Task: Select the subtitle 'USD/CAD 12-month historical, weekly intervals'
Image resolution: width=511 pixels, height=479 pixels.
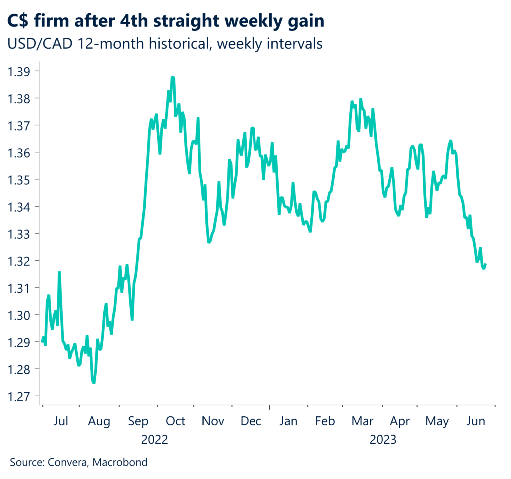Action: pyautogui.click(x=165, y=44)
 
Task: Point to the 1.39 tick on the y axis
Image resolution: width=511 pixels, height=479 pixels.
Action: pyautogui.click(x=19, y=71)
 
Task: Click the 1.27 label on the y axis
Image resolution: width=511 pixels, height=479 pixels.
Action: pyautogui.click(x=19, y=397)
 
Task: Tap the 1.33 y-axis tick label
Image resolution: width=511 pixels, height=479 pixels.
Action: pyautogui.click(x=19, y=234)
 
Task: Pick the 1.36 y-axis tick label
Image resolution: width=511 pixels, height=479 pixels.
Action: pyautogui.click(x=19, y=152)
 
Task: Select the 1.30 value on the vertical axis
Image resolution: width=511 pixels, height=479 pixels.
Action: pyautogui.click(x=19, y=315)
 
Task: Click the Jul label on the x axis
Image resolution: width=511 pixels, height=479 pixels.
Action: pyautogui.click(x=60, y=422)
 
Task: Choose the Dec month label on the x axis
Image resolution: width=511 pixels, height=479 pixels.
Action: pyautogui.click(x=251, y=422)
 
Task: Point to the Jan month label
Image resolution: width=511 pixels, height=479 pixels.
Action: pyautogui.click(x=288, y=422)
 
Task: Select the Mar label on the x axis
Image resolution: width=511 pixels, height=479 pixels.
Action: pyautogui.click(x=362, y=422)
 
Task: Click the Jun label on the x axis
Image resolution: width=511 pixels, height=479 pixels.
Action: pyautogui.click(x=475, y=422)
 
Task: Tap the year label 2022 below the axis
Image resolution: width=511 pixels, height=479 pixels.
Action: pyautogui.click(x=155, y=440)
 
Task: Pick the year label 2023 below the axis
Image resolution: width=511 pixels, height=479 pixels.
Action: pyautogui.click(x=383, y=440)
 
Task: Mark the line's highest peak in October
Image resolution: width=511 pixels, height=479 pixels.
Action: pyautogui.click(x=172, y=77)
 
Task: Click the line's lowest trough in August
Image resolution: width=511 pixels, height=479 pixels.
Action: pyautogui.click(x=94, y=383)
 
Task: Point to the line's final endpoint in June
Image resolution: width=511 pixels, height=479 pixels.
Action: pyautogui.click(x=486, y=264)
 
